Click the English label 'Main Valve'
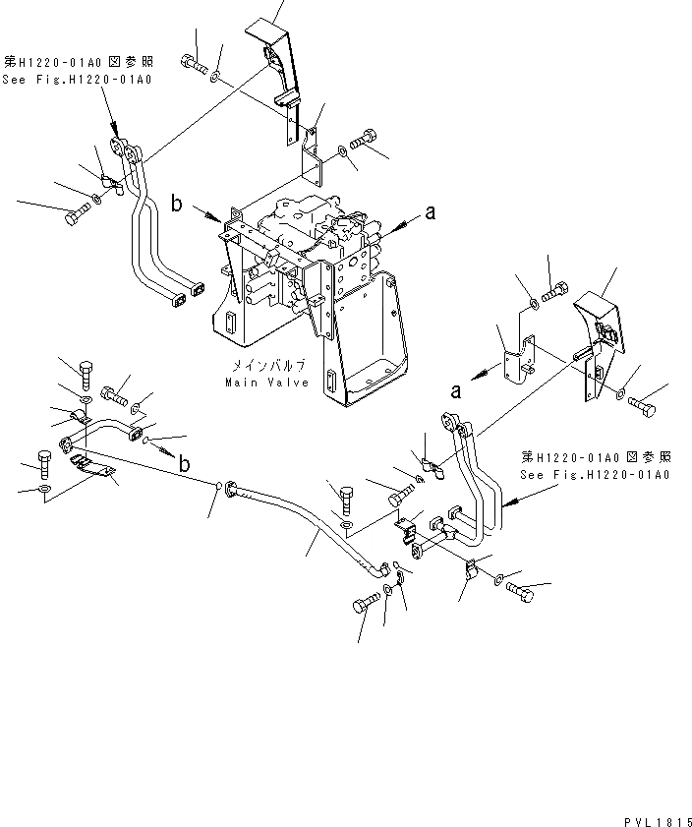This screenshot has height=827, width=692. point(267,383)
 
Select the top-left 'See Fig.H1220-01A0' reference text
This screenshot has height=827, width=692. point(77,80)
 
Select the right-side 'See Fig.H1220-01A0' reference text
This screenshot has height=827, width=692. point(596,475)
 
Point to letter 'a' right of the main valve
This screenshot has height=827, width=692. point(430,209)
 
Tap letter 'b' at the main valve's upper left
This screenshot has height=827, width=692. point(176,204)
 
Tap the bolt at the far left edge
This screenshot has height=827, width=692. point(78,215)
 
